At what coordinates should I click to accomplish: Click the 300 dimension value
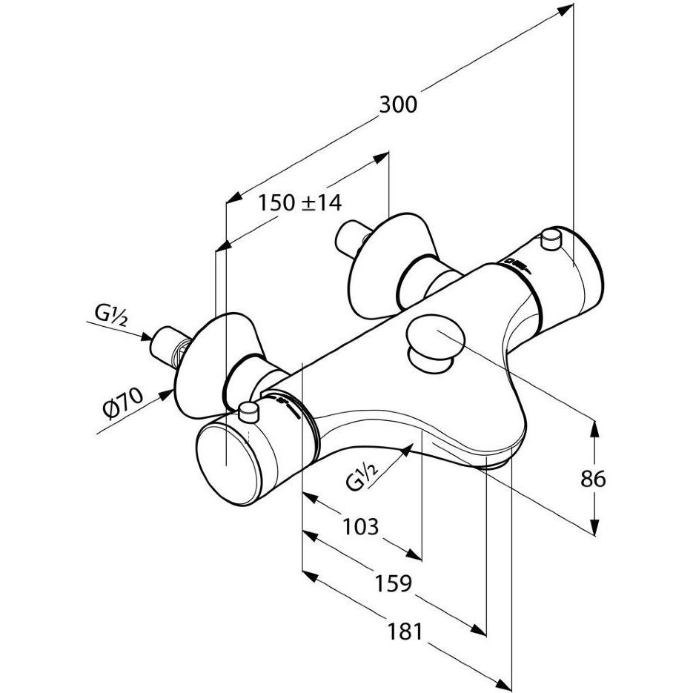[398, 105]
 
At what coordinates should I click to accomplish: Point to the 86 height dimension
[593, 479]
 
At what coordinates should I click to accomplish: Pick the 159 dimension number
[391, 583]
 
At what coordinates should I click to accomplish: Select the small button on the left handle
[250, 411]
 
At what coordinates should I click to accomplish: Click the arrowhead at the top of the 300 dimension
[568, 9]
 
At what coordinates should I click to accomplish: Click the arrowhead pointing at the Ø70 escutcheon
[170, 395]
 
